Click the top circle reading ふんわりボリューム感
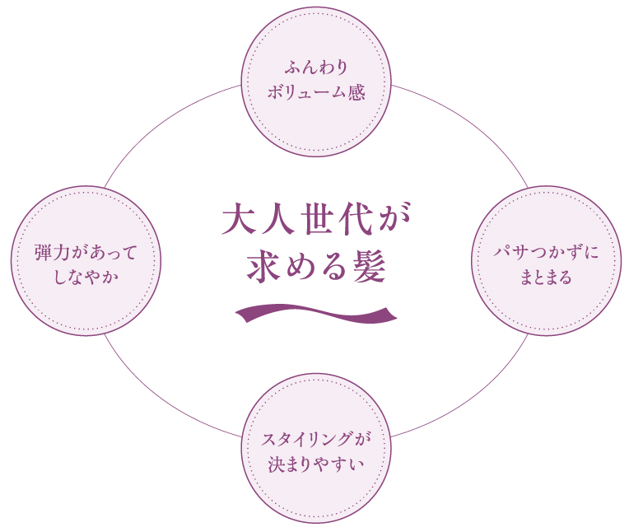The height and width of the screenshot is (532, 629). pos(315,81)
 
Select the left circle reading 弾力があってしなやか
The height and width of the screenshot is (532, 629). pos(86,260)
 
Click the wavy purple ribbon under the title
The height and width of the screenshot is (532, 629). pos(315,313)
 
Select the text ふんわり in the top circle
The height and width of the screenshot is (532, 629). pos(316,66)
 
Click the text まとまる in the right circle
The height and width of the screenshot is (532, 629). pos(546,277)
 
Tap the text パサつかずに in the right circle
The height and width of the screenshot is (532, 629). pos(546,250)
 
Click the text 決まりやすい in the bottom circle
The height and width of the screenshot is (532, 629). pos(315,463)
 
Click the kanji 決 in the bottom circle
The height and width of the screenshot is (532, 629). pos(277,463)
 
